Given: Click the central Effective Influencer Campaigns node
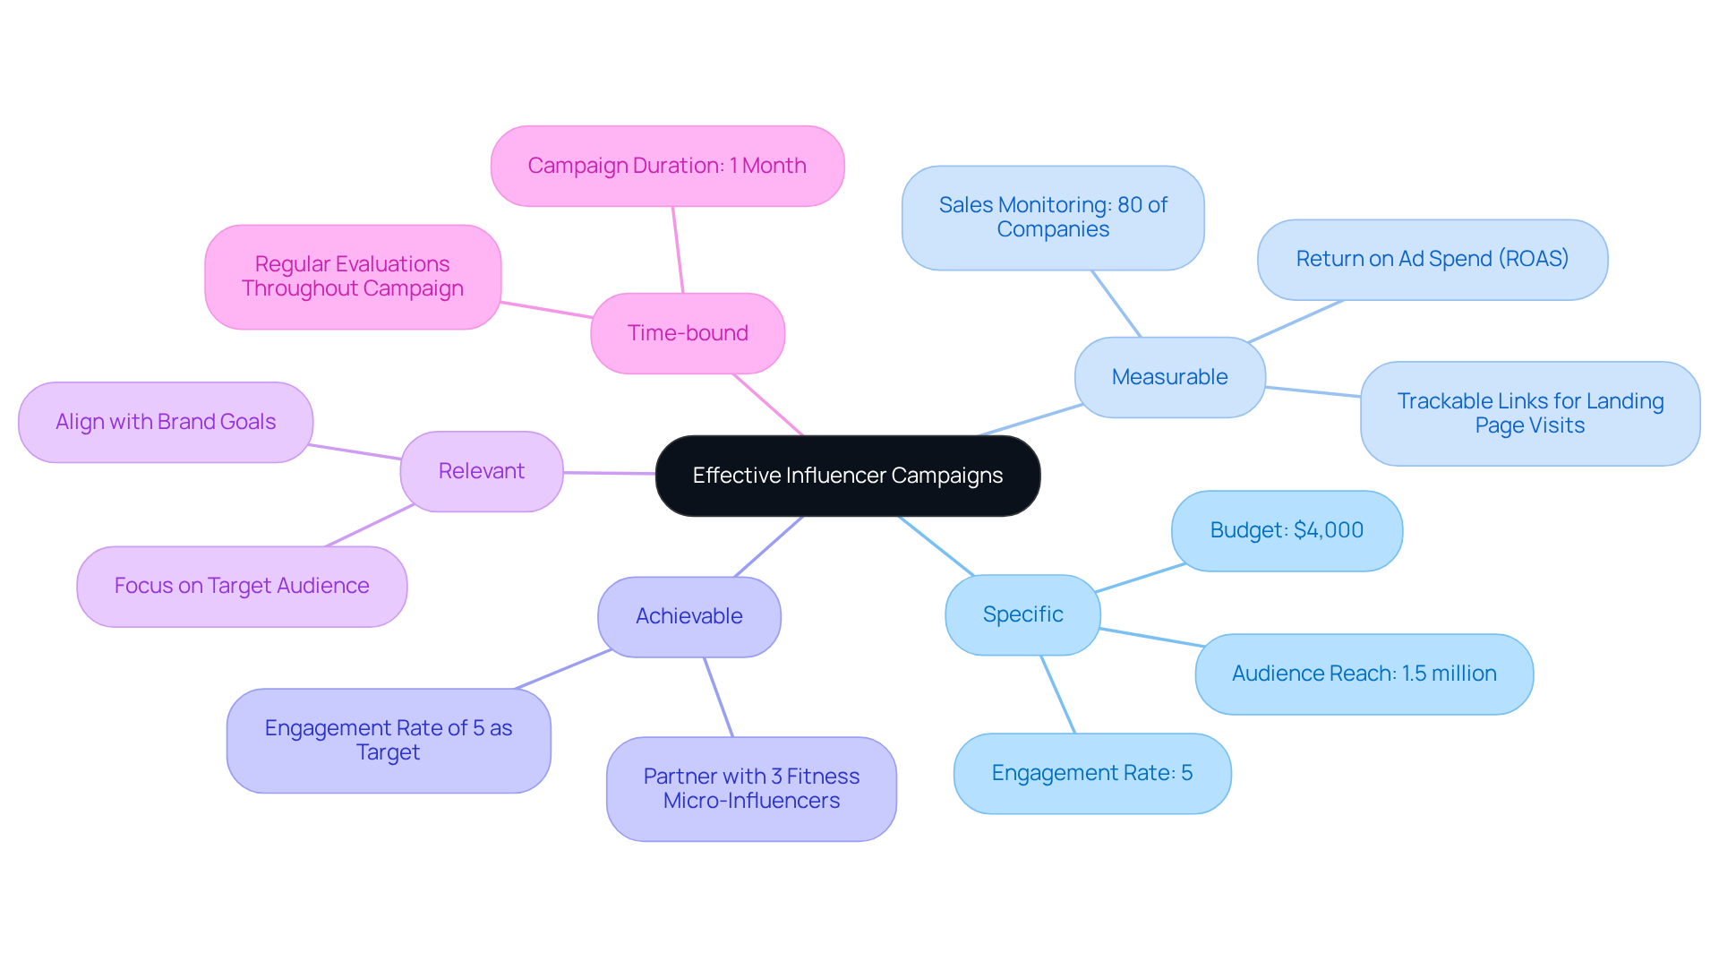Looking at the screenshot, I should [847, 476].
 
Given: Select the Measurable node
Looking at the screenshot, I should [1169, 377].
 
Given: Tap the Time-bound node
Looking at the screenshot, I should [688, 333].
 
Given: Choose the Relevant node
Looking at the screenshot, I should [482, 471].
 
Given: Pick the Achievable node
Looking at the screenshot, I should [688, 616].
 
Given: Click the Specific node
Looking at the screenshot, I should [1022, 614].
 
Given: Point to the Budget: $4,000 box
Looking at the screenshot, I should [1287, 530].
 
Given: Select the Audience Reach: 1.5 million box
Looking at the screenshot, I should [1364, 674].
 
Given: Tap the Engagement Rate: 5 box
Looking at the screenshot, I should [1091, 773].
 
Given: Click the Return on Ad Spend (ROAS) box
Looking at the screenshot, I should [1432, 259].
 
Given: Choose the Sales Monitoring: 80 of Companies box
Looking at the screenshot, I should [1053, 218].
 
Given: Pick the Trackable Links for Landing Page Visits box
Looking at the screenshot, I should [1529, 413].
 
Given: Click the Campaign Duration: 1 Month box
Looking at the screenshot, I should [667, 166].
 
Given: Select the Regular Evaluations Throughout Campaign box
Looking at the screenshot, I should [353, 277].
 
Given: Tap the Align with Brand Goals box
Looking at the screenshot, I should [166, 422].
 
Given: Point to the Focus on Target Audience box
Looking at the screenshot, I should [242, 586].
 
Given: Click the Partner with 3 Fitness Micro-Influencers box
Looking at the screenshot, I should [751, 788].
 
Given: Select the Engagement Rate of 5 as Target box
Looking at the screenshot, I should [389, 740].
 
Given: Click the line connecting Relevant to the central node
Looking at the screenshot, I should [609, 473].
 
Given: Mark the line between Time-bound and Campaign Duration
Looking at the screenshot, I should [678, 250].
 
